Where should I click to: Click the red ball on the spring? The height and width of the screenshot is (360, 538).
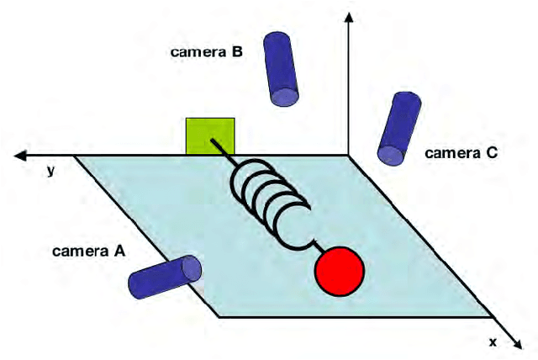[340, 271]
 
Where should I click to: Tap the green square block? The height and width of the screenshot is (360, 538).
[210, 137]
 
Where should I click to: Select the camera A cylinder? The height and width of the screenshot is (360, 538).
[166, 278]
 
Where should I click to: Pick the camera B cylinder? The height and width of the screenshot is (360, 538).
[281, 68]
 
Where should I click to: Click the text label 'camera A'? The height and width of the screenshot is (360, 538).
[85, 251]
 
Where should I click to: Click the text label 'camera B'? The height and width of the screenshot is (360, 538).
[207, 52]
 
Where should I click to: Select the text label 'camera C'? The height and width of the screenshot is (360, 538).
[462, 153]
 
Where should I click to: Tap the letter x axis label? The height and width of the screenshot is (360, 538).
[493, 341]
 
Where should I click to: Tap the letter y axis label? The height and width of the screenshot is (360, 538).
[51, 171]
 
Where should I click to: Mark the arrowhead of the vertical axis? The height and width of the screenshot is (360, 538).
[349, 15]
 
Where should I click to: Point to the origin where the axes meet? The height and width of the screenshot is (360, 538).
[349, 156]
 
